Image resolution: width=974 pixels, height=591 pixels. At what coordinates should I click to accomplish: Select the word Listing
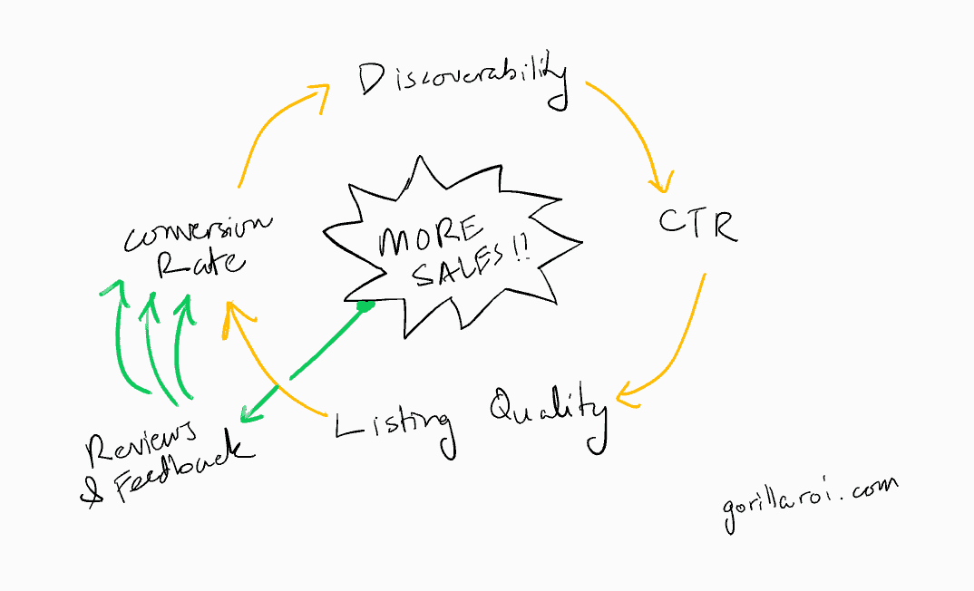(x=394, y=425)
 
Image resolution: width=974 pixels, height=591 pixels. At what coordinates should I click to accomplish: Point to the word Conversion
(x=197, y=231)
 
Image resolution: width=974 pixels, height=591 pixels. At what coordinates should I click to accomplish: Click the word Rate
(x=200, y=265)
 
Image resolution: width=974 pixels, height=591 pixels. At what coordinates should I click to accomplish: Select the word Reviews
(x=141, y=441)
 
